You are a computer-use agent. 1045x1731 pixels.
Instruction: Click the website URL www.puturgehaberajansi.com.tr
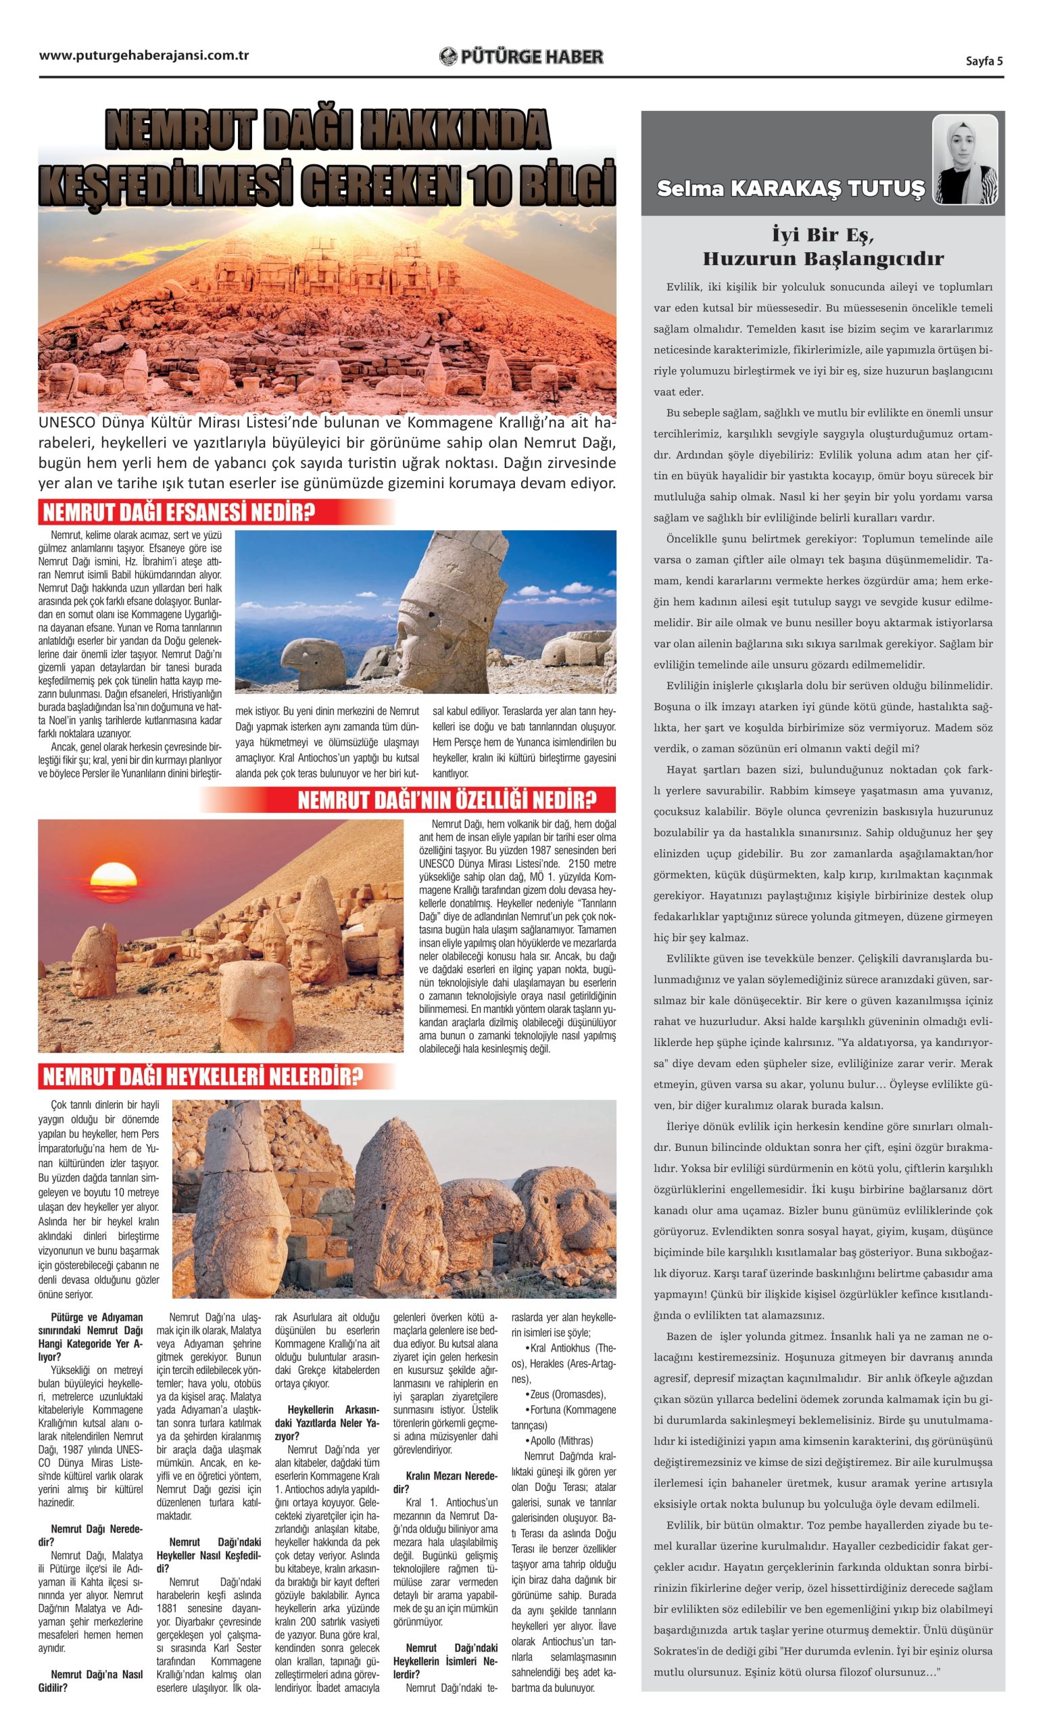click(x=144, y=55)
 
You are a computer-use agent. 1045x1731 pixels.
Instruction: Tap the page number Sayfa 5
click(x=983, y=60)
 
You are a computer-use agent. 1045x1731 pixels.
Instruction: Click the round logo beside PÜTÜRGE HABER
click(x=448, y=57)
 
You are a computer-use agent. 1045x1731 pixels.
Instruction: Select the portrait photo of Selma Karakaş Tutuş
click(x=965, y=160)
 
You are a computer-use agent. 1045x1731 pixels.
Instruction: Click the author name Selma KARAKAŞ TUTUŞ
click(x=791, y=187)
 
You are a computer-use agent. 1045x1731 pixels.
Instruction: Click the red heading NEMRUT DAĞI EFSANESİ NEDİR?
click(x=178, y=512)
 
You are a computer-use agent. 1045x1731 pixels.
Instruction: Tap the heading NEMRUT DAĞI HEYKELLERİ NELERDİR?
click(x=203, y=1076)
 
